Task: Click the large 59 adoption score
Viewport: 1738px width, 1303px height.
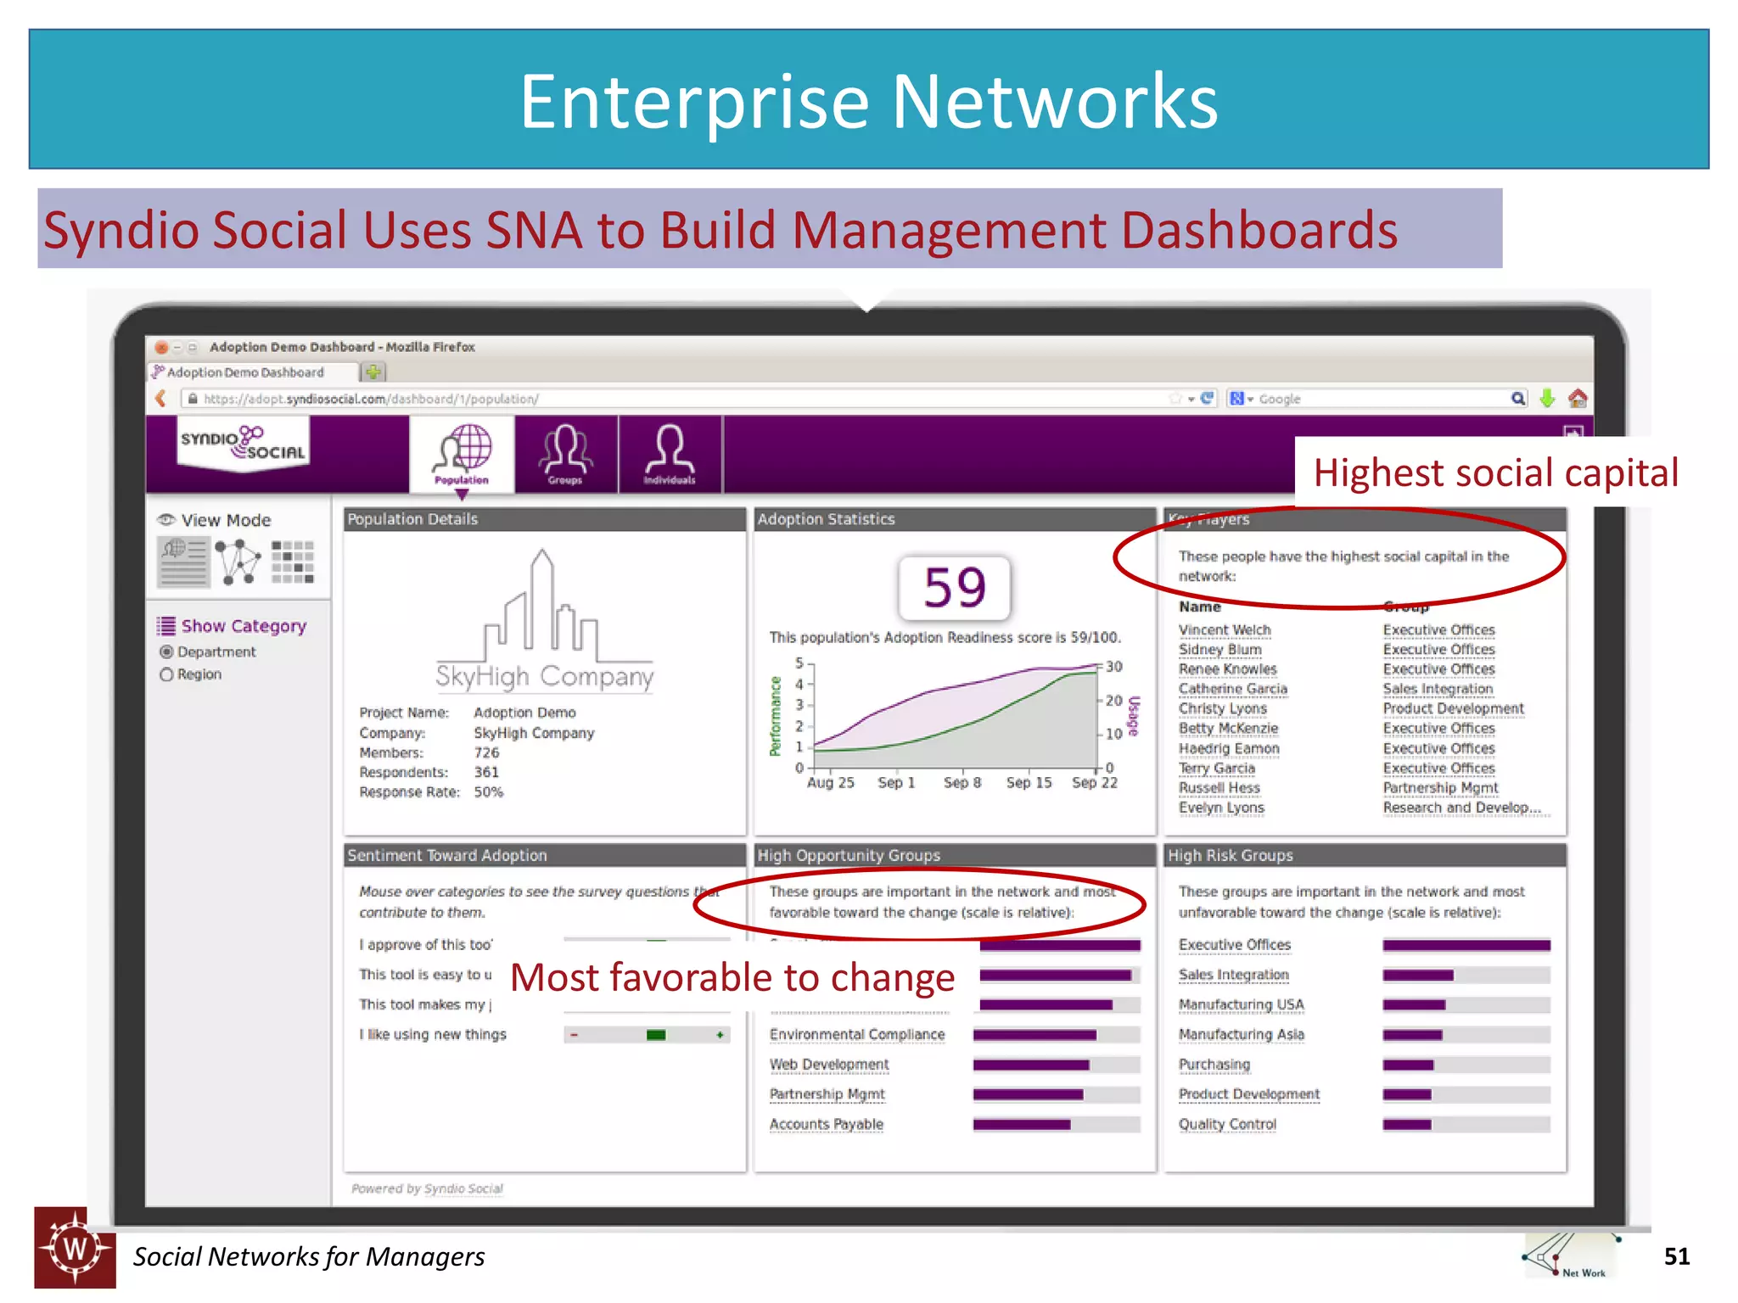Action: (955, 587)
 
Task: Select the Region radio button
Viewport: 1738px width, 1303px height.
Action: (166, 674)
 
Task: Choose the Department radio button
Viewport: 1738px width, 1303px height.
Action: (166, 651)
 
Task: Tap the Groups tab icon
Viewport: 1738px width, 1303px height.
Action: (565, 453)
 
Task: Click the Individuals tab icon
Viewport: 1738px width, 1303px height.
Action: (670, 453)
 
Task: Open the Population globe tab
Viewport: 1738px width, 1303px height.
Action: (463, 453)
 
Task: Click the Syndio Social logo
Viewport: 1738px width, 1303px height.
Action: (243, 443)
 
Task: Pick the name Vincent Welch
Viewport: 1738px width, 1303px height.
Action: (1225, 629)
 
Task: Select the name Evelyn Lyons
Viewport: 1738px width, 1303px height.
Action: (1221, 808)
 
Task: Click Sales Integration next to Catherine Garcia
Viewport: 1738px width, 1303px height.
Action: (1438, 689)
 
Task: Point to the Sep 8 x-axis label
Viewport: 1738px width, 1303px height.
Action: (962, 782)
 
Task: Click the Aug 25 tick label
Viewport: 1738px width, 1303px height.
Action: (830, 782)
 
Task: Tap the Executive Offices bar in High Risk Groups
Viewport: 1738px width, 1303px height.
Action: (1466, 945)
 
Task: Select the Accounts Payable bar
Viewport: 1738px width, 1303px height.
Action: (1022, 1125)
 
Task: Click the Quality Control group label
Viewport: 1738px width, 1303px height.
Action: (1227, 1124)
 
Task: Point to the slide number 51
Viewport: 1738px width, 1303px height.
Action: (1676, 1256)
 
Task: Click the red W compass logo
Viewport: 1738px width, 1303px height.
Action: (75, 1248)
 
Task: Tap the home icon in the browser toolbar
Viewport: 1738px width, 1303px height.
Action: (1578, 398)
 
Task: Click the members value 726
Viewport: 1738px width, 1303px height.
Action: (486, 752)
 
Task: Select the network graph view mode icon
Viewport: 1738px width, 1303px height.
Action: (238, 562)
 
